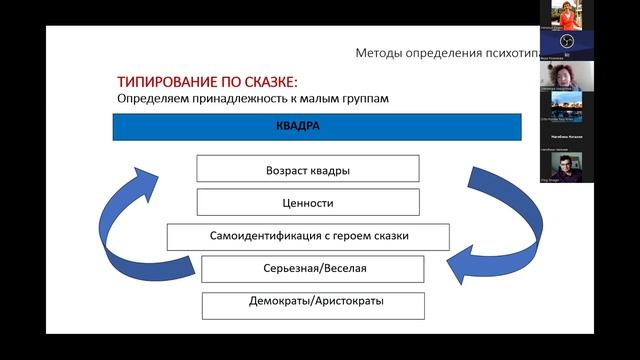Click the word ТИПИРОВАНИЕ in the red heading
(x=165, y=82)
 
